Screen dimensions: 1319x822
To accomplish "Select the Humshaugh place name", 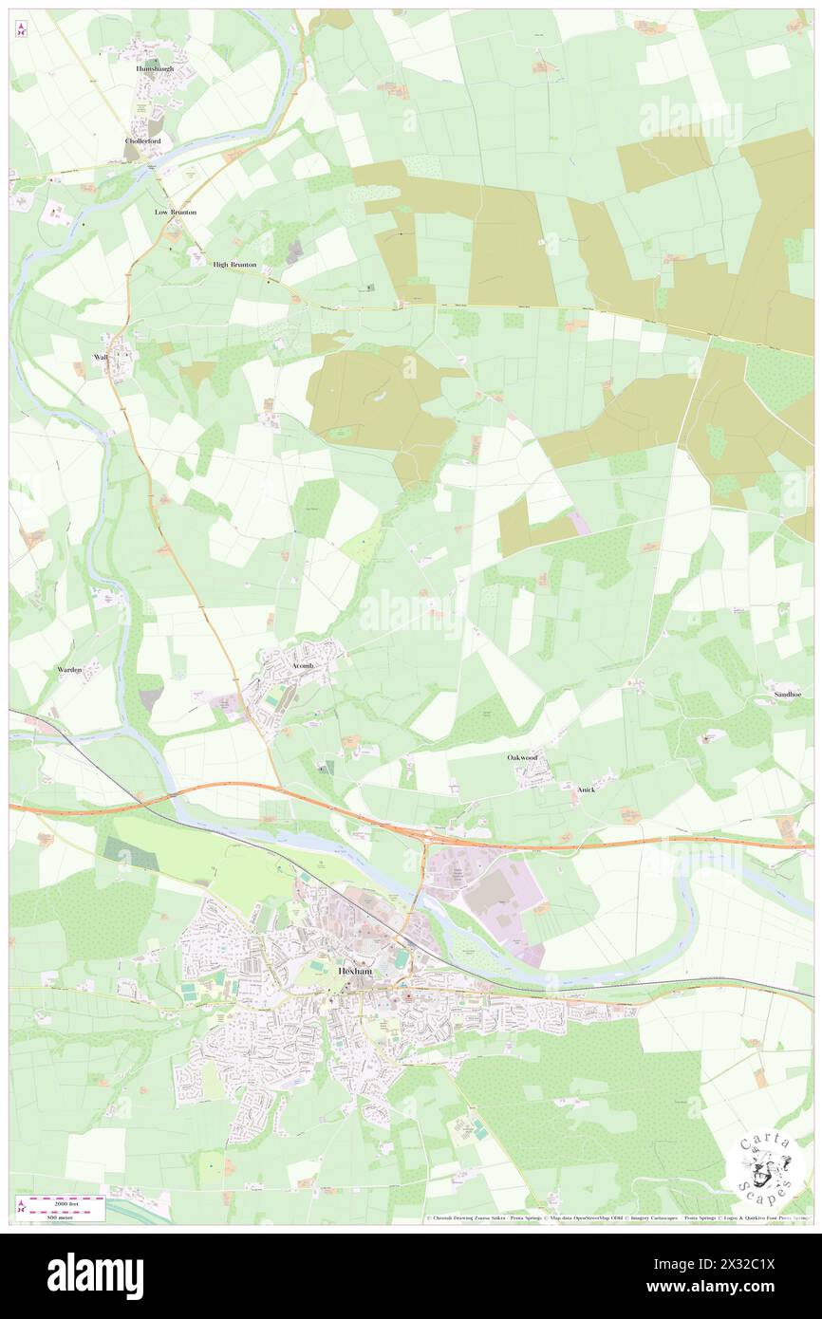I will (155, 69).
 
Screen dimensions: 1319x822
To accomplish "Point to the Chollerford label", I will (143, 141).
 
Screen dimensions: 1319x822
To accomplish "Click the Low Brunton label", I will (176, 213).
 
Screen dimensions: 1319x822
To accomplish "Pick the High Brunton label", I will (234, 265).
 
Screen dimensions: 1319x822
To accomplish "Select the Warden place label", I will (69, 670).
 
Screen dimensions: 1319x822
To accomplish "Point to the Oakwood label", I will (522, 758).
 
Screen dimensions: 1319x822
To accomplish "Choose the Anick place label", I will (586, 789).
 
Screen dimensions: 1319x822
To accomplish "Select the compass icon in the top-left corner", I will (21, 29).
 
